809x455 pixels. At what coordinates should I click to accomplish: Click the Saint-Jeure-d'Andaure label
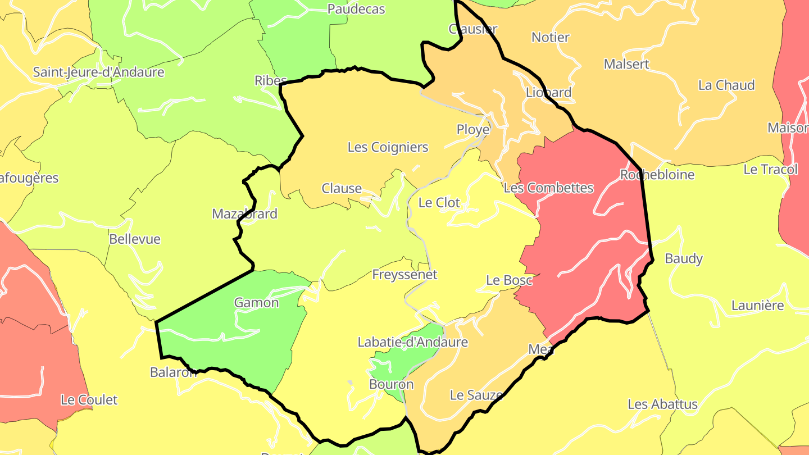[98, 72]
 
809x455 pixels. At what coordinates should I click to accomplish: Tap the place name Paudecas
[356, 9]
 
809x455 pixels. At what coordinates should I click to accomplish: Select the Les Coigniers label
[388, 147]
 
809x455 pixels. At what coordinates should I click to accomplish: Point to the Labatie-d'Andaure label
[412, 342]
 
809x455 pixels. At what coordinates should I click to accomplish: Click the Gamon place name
[256, 303]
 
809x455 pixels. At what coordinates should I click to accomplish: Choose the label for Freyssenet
[404, 275]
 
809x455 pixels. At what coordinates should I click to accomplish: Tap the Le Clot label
[440, 202]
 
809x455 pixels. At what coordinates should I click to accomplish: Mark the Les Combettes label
[548, 188]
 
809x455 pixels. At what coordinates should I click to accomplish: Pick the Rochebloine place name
[657, 175]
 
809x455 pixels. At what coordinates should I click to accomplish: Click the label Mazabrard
[244, 214]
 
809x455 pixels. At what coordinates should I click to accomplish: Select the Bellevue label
[135, 239]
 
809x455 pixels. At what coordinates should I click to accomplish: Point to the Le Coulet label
[89, 400]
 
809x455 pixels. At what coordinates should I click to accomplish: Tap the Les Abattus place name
[662, 404]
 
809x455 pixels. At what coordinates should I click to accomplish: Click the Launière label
[757, 306]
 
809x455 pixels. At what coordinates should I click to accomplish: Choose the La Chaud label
[726, 85]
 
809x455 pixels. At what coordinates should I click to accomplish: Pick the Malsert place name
[626, 64]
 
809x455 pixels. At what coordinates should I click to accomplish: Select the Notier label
[551, 38]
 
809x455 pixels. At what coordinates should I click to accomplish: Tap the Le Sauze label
[476, 395]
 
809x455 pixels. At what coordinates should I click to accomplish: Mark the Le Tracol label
[770, 169]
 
